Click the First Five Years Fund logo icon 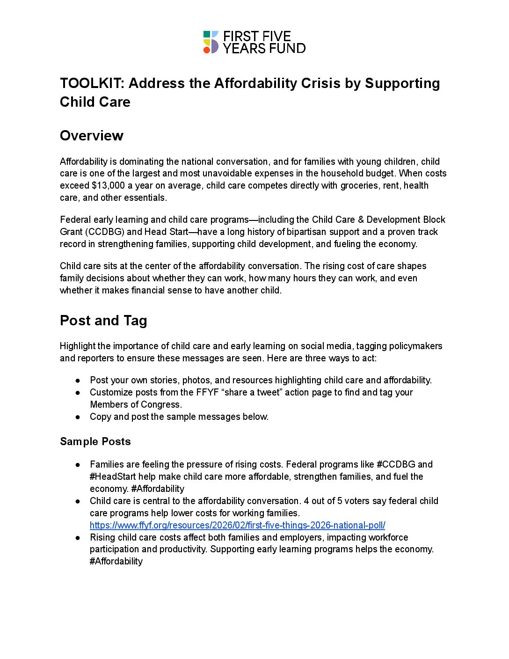211,42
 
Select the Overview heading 92,136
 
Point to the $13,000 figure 109,185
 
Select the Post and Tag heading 103,321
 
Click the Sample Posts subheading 95,442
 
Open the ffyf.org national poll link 237,525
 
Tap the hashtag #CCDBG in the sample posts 396,464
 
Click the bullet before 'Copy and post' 78,417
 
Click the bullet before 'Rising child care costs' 78,538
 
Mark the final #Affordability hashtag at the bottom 116,561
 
